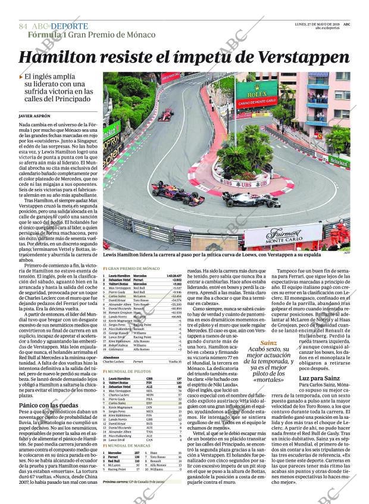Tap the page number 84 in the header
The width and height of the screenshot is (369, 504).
click(x=24, y=26)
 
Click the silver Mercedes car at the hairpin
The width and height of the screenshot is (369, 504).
click(x=251, y=200)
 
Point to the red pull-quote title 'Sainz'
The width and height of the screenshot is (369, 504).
click(x=268, y=343)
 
